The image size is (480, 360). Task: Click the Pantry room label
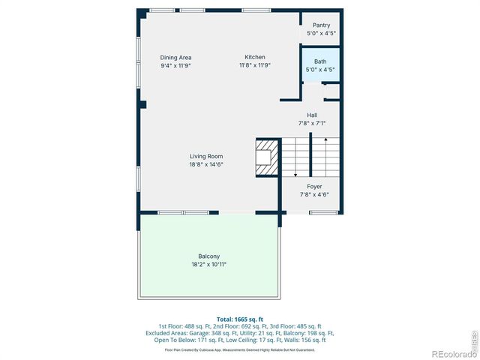[x=321, y=25]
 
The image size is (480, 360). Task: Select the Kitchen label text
[x=255, y=57]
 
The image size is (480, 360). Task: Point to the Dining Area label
[x=176, y=57]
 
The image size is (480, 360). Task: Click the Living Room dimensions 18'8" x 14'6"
[x=206, y=164]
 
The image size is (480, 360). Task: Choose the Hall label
[x=312, y=115]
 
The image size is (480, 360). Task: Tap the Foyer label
[x=314, y=186]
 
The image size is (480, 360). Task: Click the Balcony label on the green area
[x=208, y=256]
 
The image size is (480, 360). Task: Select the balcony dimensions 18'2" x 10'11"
[x=208, y=264]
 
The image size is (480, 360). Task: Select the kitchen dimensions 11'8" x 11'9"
[x=255, y=65]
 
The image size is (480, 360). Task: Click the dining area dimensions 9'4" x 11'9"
[x=176, y=65]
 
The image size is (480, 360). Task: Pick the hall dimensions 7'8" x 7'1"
[x=312, y=123]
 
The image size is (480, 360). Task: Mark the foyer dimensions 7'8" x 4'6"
[x=314, y=194]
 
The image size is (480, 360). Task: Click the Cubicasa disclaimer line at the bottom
[x=239, y=349]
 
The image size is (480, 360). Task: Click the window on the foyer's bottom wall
[x=322, y=213]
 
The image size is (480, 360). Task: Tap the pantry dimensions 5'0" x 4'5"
[x=321, y=33]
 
